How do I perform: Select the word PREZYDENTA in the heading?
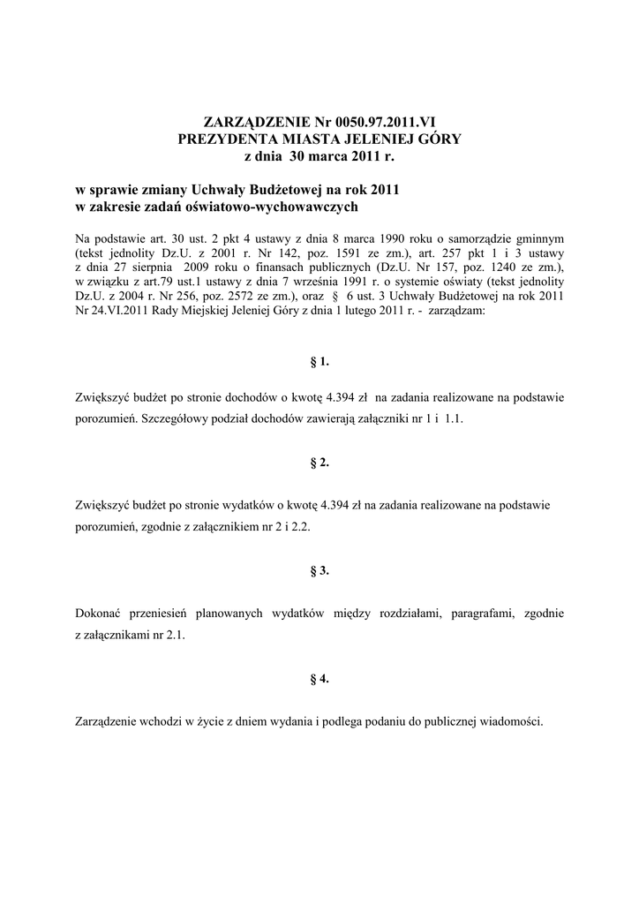coord(226,139)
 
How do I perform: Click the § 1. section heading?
coord(319,362)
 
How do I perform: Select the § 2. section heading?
coord(319,463)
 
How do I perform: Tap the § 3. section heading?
coord(319,570)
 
